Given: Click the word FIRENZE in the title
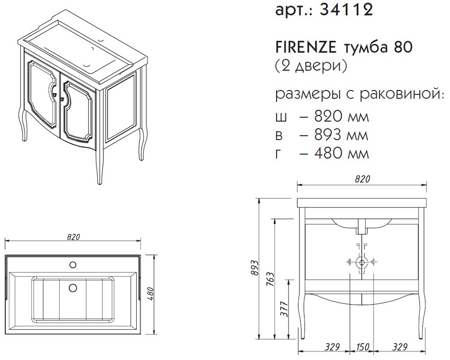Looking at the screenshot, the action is tap(306, 47).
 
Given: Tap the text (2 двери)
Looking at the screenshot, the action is tap(311, 66).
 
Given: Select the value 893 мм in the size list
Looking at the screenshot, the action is tap(341, 135).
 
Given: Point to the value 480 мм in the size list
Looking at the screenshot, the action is tap(341, 153).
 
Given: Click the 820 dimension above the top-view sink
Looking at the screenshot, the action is tap(73, 237).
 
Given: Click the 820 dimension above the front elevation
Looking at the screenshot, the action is tap(362, 179).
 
